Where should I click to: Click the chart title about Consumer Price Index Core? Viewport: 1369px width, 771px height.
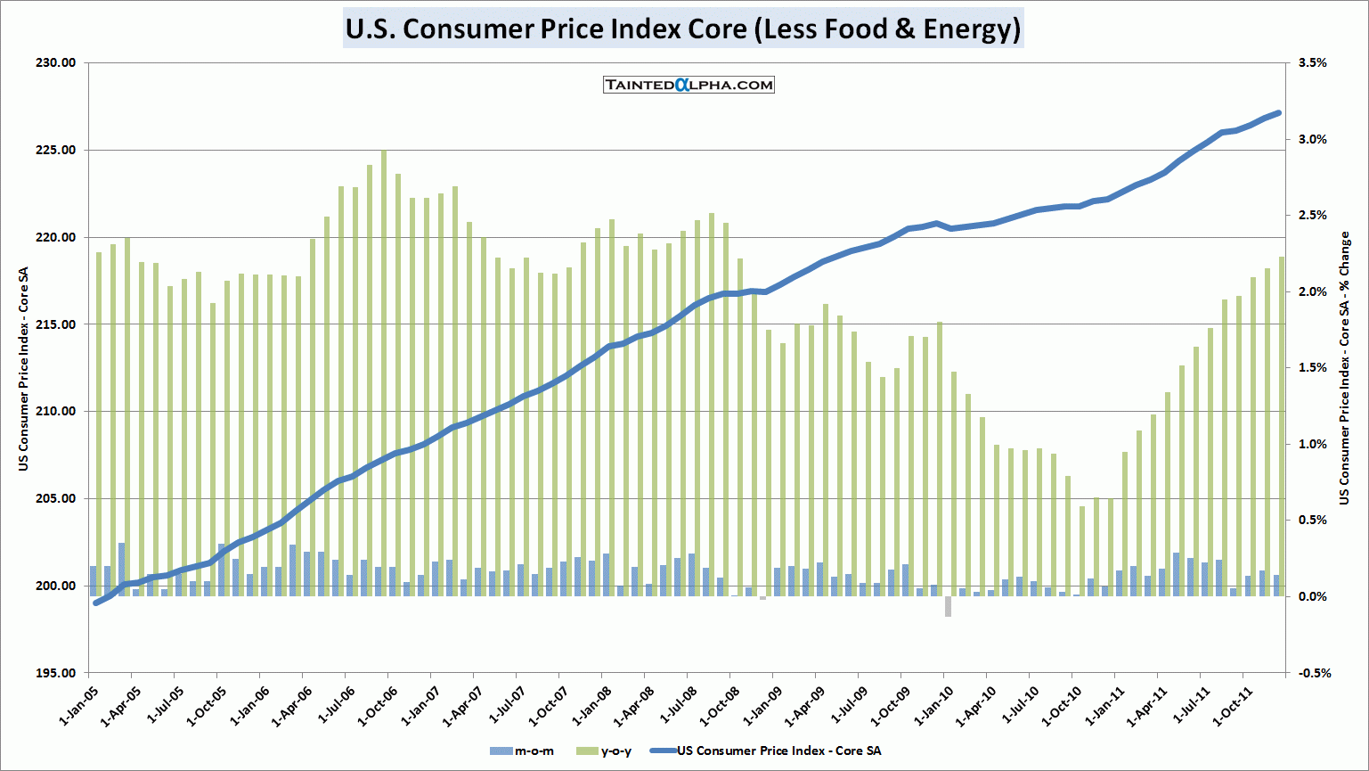coord(682,29)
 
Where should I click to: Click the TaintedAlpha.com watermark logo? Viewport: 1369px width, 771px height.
coord(689,85)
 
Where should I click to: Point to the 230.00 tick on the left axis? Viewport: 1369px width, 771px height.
coord(56,63)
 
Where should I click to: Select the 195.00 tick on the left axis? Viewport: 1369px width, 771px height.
coord(56,673)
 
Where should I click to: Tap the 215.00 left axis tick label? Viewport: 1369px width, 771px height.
coord(56,324)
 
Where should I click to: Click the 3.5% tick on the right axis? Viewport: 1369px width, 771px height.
coord(1313,63)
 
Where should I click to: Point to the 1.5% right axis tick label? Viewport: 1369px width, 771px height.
coord(1313,368)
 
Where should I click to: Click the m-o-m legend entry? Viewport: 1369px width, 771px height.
coord(523,751)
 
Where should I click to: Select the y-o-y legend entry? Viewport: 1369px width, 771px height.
coord(606,751)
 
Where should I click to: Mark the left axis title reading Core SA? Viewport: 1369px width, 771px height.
coord(24,368)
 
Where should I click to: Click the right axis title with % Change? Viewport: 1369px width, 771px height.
coord(1344,368)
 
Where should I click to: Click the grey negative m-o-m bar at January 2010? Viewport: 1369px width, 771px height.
coord(948,606)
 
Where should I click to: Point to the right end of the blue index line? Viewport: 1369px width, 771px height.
coord(1279,113)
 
